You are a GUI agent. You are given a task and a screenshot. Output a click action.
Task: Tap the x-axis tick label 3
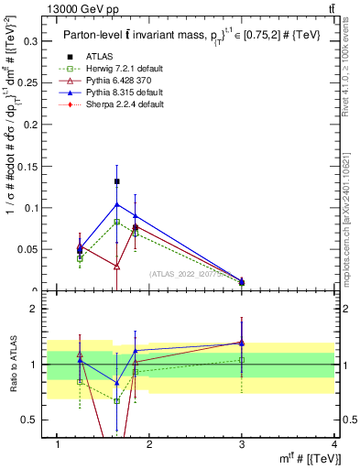(242, 444)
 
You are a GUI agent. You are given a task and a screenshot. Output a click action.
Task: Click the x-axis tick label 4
(334, 444)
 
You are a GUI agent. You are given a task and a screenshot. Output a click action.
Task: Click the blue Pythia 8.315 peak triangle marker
(116, 203)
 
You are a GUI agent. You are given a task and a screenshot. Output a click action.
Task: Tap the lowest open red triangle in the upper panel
(116, 267)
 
